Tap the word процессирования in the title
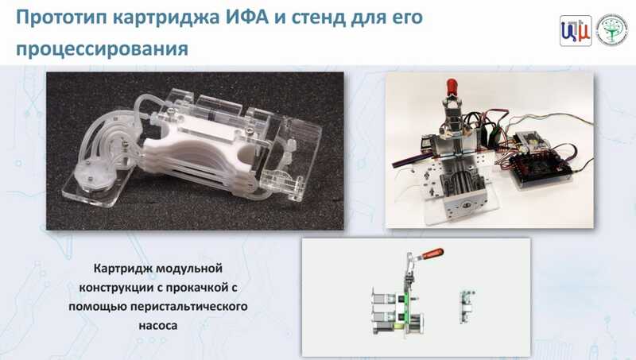[x=103, y=49]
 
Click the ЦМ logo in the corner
[x=575, y=31]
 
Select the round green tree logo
[x=611, y=29]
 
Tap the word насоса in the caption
[x=157, y=326]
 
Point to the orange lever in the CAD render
[x=432, y=254]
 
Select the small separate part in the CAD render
[x=467, y=306]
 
